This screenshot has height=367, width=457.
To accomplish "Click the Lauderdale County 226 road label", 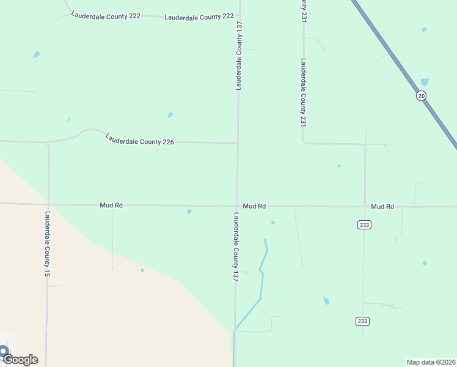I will point(140,139).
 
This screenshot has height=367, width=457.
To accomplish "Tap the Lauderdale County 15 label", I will point(47,245).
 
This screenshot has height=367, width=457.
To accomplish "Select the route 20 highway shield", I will point(421,96).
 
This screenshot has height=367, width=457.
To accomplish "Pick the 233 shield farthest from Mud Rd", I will point(363,321).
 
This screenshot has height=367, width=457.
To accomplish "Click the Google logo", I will point(20,359).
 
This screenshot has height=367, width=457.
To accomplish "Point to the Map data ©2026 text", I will point(431,362).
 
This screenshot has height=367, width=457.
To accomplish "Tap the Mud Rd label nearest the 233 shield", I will point(382,207).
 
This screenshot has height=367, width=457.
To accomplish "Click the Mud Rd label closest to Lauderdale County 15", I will point(111,206).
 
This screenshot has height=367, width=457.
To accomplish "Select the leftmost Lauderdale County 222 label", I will point(106,15).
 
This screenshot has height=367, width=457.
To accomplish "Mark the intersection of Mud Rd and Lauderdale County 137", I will point(237,206).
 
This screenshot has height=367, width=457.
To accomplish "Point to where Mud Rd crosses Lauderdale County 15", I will point(48,204).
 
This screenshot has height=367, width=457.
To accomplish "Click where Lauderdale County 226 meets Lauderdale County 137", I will point(237,143).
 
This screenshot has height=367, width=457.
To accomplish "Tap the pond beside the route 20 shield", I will point(425,82).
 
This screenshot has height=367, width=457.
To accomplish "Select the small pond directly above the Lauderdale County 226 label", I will point(170,115).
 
